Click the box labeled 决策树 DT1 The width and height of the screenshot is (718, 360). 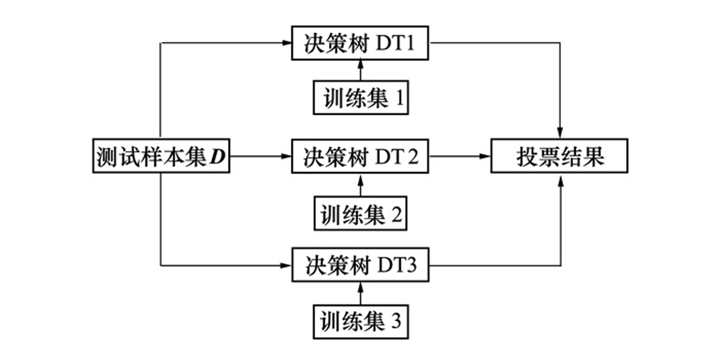coord(360,42)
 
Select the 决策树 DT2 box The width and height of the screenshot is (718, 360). coord(360,157)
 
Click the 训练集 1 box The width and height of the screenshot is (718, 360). coord(360,96)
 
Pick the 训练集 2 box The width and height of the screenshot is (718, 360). coord(360,213)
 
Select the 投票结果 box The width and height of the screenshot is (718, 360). coord(559,157)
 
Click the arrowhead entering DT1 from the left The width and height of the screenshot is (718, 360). coord(286,42)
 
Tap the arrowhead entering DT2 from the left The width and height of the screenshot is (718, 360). coord(286,157)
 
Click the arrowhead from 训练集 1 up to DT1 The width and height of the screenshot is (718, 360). coord(360,65)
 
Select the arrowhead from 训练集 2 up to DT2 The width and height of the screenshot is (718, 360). coord(360,179)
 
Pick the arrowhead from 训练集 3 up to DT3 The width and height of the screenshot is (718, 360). coord(360,287)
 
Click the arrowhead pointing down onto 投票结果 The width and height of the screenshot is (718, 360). coord(561,133)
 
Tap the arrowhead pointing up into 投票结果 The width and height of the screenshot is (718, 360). coord(561,181)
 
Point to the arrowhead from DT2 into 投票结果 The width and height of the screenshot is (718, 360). coord(485,157)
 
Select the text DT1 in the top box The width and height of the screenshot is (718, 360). coord(397,42)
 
